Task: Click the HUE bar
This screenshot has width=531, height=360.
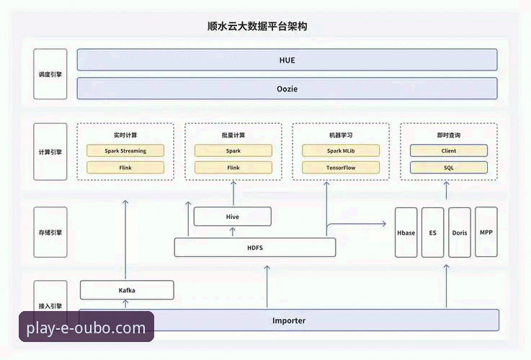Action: pos(287,60)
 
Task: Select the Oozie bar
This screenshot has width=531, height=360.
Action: pos(287,89)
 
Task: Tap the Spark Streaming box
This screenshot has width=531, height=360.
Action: pos(125,150)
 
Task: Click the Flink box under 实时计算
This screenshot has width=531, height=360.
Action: pos(125,167)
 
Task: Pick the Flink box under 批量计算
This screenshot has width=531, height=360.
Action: pos(233,167)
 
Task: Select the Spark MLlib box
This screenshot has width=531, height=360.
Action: pos(340,150)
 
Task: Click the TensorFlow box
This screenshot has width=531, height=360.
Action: pos(340,167)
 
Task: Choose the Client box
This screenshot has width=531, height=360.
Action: pos(448,150)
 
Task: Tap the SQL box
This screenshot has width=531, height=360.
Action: pos(448,167)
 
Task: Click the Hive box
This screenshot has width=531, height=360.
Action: pos(233,216)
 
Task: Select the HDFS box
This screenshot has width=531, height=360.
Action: pos(255,247)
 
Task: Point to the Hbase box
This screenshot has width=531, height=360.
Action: pos(406,233)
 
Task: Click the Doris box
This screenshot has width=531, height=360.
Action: pos(459,233)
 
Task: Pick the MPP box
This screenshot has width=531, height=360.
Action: pos(486,232)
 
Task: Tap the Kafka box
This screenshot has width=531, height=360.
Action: pos(127,290)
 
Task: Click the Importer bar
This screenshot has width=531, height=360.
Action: pos(288,320)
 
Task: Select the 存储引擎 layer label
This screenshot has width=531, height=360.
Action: pos(50,233)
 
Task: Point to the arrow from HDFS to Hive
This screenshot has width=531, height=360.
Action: pos(233,232)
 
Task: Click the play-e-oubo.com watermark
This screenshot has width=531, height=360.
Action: pos(86,329)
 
